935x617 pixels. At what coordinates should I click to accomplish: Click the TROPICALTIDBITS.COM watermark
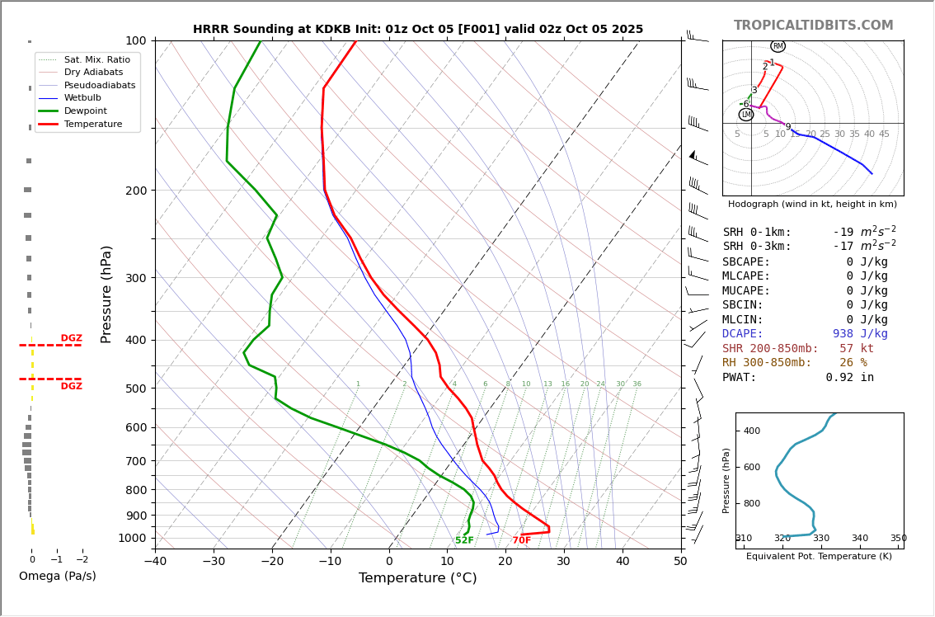click(x=813, y=26)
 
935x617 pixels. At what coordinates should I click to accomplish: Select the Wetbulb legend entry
click(x=82, y=97)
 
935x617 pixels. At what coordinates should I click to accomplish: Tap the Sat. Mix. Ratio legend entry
click(x=96, y=59)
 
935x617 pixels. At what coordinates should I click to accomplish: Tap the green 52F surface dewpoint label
click(x=464, y=541)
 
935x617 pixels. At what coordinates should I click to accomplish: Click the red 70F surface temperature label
click(x=522, y=541)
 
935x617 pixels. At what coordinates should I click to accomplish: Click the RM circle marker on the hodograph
click(x=778, y=46)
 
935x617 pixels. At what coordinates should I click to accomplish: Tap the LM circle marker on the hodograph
click(x=746, y=115)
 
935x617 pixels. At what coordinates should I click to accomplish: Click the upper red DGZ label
click(x=72, y=338)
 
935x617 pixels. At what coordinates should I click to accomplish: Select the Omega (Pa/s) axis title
click(x=58, y=577)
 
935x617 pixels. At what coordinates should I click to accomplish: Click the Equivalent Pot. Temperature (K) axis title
click(x=819, y=557)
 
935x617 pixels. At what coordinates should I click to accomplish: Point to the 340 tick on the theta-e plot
click(x=859, y=539)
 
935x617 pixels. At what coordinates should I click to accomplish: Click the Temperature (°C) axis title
click(x=417, y=578)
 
